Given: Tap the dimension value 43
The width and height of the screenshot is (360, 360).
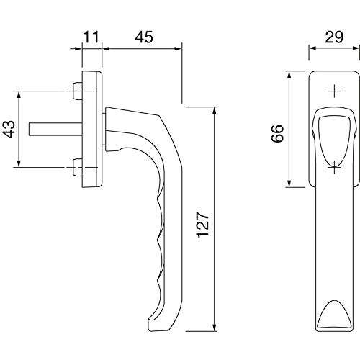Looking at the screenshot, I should pyautogui.click(x=9, y=129).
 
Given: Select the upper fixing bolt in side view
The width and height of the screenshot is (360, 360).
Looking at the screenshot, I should pyautogui.click(x=77, y=91).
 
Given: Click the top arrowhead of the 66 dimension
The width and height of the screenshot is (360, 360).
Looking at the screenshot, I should pyautogui.click(x=289, y=74).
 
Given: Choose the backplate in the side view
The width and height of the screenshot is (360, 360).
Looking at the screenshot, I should pyautogui.click(x=91, y=130).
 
